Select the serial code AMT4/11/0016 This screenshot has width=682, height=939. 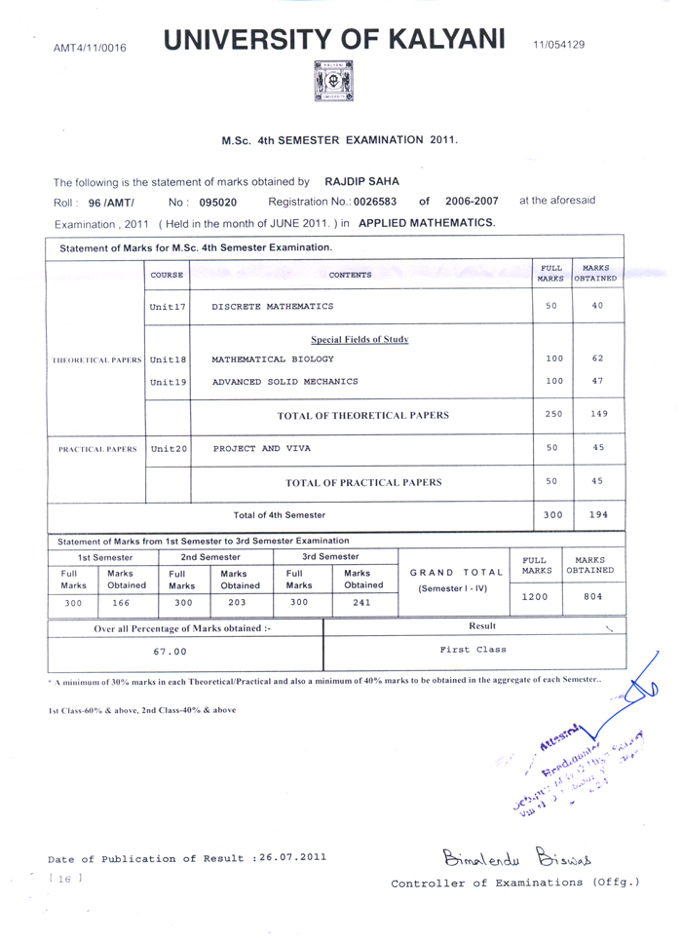click(x=90, y=46)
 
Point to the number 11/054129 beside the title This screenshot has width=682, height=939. click(x=558, y=45)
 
